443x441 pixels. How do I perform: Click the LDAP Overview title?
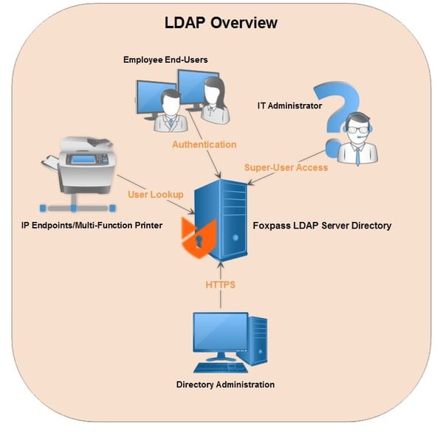point(221,23)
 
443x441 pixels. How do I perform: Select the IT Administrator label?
point(289,106)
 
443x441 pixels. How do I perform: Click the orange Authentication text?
point(205,145)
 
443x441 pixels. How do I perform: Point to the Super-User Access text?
point(286,167)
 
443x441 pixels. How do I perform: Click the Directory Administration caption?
point(225,384)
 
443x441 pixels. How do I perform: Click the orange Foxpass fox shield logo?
point(196,234)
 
